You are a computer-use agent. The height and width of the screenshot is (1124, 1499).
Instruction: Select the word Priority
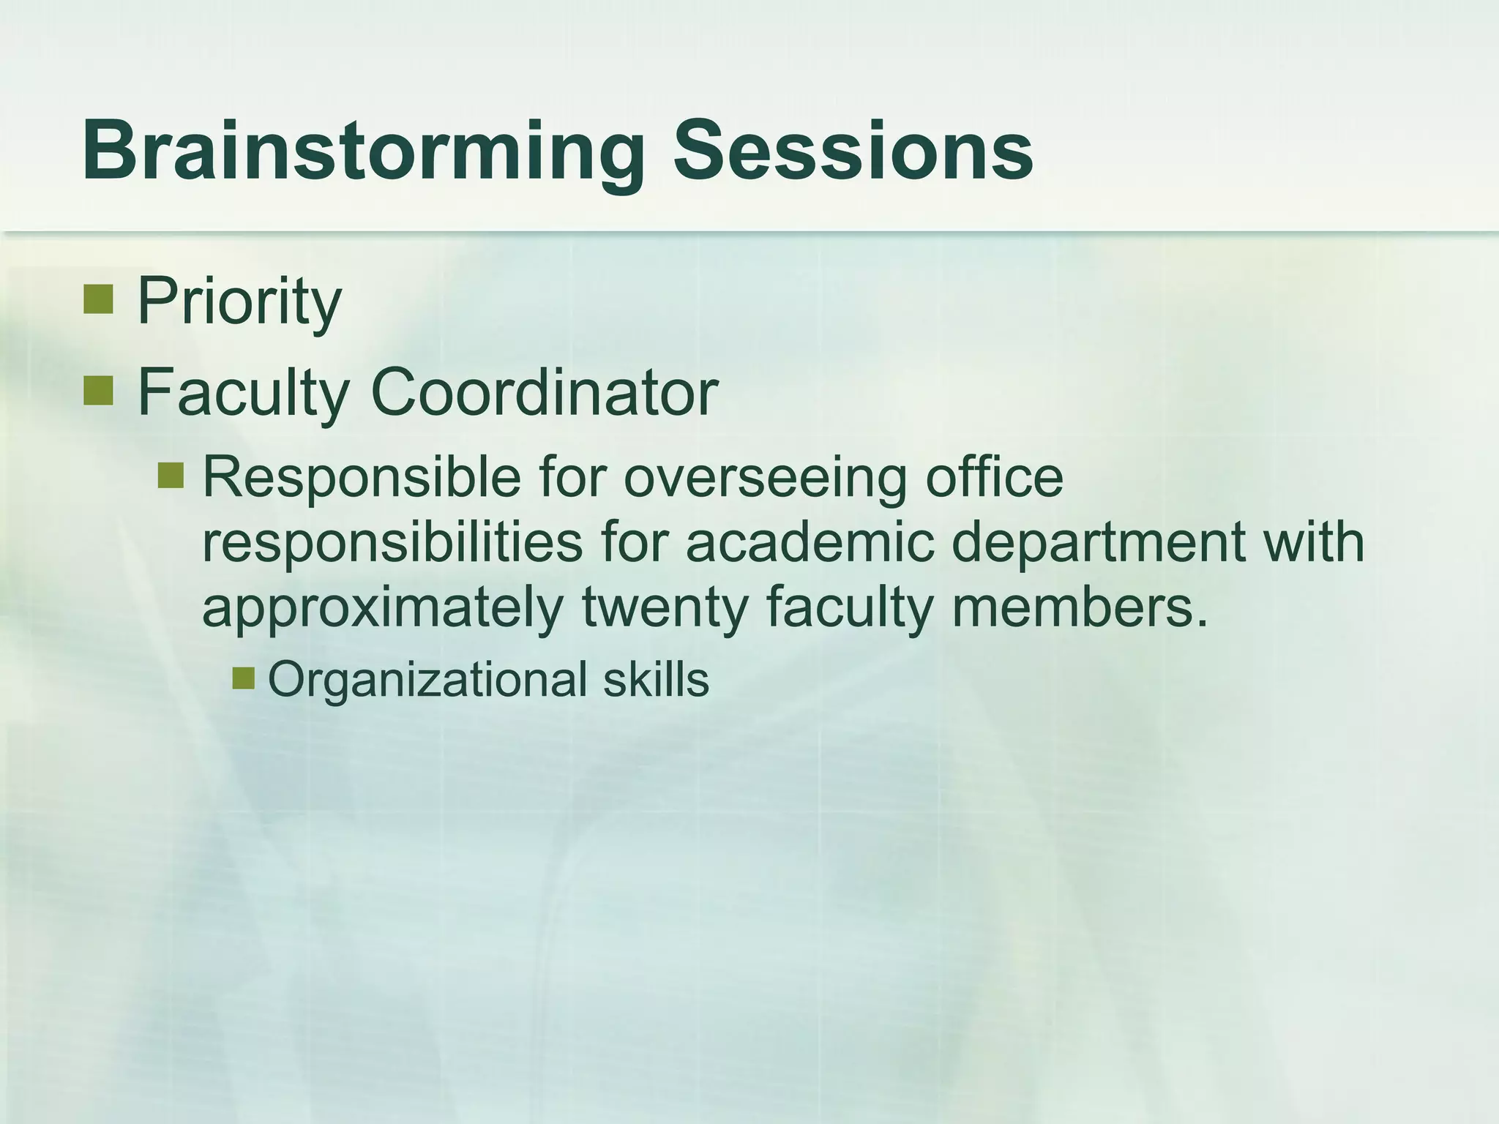pyautogui.click(x=239, y=301)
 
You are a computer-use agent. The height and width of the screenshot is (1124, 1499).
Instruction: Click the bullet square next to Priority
pyautogui.click(x=97, y=299)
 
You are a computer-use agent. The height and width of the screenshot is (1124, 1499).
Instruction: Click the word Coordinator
pyautogui.click(x=545, y=392)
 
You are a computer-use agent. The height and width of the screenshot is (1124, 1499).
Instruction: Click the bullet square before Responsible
pyautogui.click(x=171, y=476)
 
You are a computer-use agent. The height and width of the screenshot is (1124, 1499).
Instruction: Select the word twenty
pyautogui.click(x=665, y=608)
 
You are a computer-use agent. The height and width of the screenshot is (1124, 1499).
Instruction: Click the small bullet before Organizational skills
pyautogui.click(x=243, y=678)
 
